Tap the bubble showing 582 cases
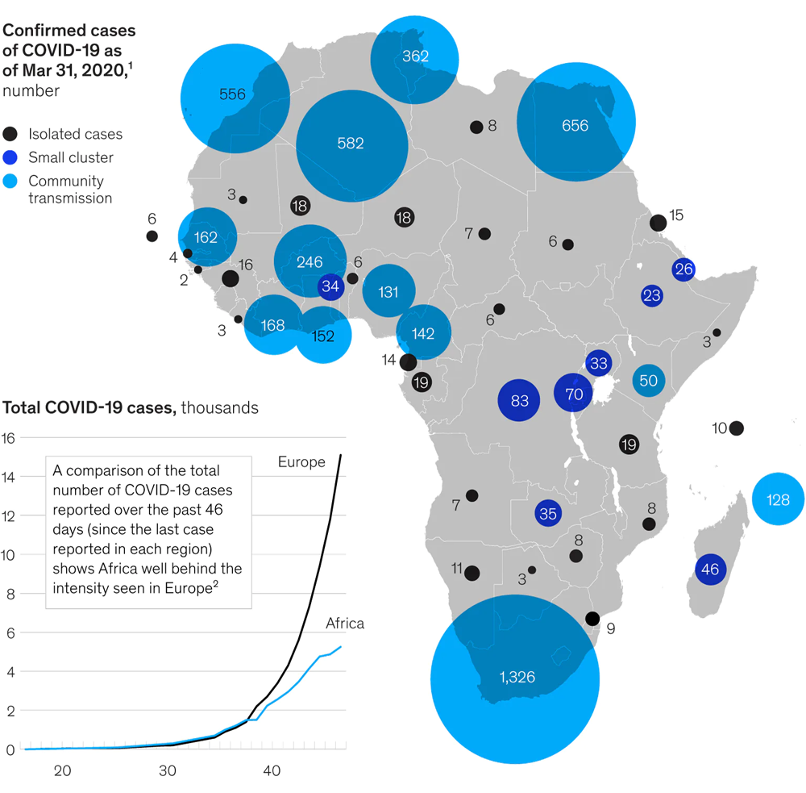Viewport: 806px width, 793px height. tap(351, 144)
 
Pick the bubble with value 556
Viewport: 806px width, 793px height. tap(233, 94)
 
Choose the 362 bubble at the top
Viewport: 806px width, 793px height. tap(414, 56)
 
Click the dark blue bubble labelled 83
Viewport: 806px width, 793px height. tap(519, 400)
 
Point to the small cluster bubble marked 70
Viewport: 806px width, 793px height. tap(573, 394)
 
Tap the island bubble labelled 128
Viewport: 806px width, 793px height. tap(778, 499)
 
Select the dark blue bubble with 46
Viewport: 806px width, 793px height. tap(710, 570)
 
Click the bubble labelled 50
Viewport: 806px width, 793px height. tap(649, 381)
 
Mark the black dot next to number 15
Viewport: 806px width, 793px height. tap(658, 223)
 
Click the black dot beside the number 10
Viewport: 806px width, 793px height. tap(736, 428)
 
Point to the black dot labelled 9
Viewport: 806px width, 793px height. tap(592, 619)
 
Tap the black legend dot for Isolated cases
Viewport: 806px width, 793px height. tap(10, 134)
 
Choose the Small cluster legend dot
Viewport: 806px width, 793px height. tap(10, 157)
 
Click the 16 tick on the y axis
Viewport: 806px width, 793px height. tap(10, 438)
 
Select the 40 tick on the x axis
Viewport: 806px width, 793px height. tap(272, 770)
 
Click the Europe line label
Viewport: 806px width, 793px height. tap(301, 462)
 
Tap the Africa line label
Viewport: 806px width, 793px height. tap(345, 624)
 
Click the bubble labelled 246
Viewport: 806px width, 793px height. tap(310, 261)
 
